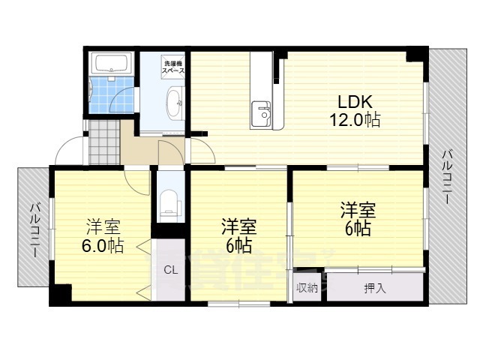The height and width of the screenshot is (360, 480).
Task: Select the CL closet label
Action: click(x=170, y=271)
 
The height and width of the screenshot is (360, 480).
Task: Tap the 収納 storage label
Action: click(x=306, y=287)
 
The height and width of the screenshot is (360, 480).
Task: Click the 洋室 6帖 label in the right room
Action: click(x=356, y=219)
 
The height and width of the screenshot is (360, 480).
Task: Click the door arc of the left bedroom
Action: click(x=138, y=180)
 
